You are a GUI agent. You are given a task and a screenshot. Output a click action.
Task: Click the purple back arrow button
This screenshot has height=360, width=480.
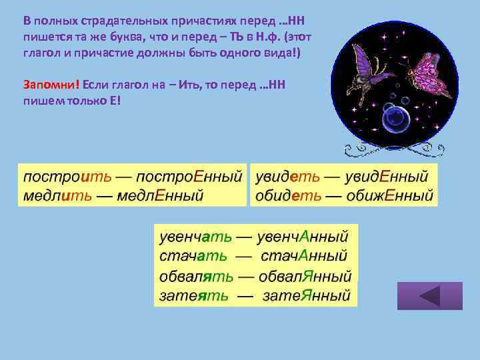pyautogui.click(x=429, y=296)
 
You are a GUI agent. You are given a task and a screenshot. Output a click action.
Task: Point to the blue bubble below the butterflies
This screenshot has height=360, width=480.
pyautogui.click(x=396, y=119)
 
